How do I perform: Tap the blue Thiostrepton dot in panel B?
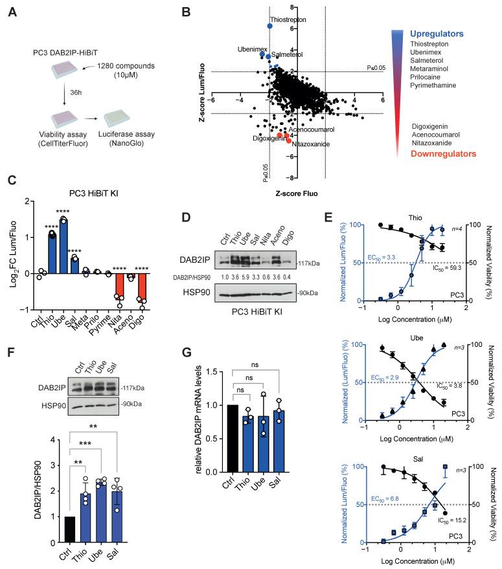[x=270, y=26]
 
